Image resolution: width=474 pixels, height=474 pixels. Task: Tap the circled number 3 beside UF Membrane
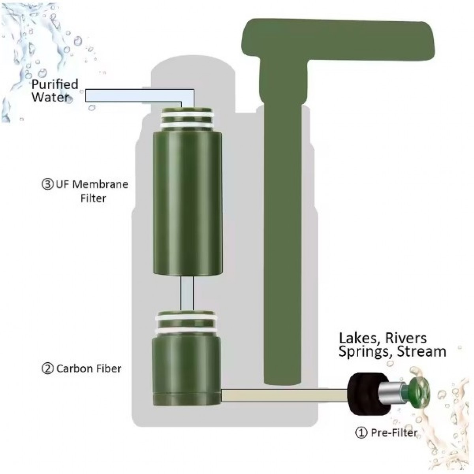(x=47, y=184)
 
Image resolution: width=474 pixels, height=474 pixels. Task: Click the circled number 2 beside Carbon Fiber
(x=47, y=369)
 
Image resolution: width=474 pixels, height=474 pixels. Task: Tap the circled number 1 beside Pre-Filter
(x=361, y=433)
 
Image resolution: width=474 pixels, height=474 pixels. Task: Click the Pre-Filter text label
(x=394, y=433)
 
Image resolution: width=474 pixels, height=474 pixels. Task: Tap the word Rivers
(x=409, y=339)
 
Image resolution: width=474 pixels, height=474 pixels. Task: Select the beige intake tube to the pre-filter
(x=284, y=395)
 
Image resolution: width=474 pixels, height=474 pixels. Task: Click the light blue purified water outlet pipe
(x=138, y=96)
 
